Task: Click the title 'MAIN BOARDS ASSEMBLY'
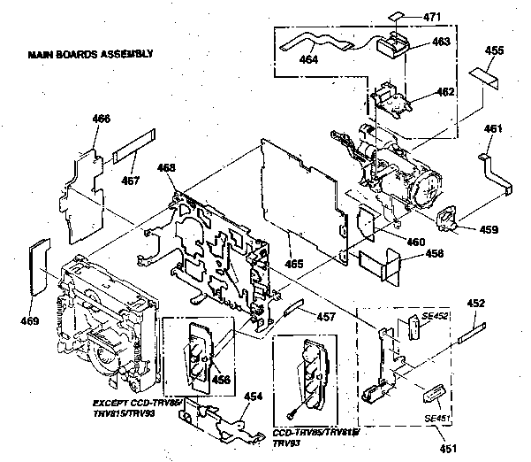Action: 90,54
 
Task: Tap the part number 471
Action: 432,16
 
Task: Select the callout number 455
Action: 495,51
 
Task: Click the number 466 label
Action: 102,118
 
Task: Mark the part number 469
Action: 30,320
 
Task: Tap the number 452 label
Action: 476,304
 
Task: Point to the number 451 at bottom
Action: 450,449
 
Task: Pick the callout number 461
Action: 493,129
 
